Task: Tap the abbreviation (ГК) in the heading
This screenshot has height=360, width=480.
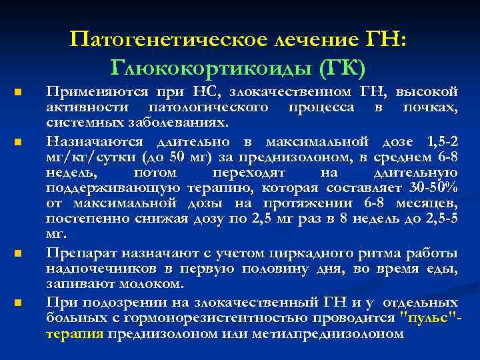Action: (x=340, y=67)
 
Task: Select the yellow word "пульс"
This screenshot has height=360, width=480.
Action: (x=426, y=318)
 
